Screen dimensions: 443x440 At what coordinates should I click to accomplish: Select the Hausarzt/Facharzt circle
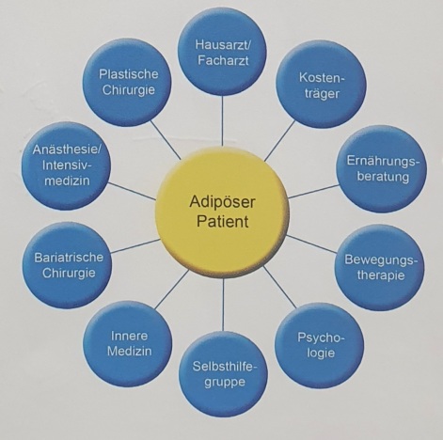coord(222,52)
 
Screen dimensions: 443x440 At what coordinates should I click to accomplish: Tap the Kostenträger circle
coord(321,84)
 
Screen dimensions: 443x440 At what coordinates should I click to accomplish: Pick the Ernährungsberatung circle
coord(382,168)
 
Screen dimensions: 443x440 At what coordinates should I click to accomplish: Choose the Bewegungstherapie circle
coord(379,267)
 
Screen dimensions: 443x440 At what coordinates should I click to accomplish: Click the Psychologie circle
coord(320,345)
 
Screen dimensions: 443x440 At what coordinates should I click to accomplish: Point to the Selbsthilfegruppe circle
coord(223,374)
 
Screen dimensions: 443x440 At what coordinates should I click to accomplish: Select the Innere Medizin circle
coord(128,344)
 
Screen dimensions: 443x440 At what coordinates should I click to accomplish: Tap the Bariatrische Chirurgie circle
coord(67,265)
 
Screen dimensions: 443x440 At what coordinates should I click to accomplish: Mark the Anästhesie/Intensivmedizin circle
coord(66,165)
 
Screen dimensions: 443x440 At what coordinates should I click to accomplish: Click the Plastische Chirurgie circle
coord(127,82)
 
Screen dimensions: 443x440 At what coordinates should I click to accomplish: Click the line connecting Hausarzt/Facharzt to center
coord(222,121)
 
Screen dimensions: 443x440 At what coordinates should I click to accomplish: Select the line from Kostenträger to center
coord(280,141)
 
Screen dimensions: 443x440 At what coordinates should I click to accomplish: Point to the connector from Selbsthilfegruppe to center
coord(223,305)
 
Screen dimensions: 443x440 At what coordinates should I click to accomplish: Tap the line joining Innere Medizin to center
coord(172,289)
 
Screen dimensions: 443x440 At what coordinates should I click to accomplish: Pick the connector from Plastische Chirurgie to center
coord(166,140)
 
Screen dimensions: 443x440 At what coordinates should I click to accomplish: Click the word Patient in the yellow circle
coord(222,221)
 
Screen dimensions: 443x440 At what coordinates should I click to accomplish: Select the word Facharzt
coord(223,60)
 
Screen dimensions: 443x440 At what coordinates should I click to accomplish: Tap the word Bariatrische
coord(69,258)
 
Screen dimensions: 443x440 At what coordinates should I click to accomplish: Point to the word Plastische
coord(129,74)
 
